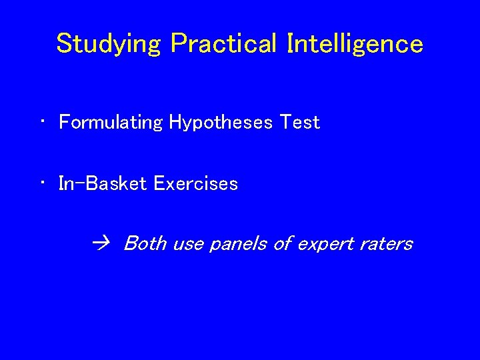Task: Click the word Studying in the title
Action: click(x=109, y=44)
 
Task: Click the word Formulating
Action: click(x=111, y=123)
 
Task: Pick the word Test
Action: click(x=300, y=123)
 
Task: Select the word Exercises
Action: click(x=195, y=183)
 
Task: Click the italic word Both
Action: click(x=145, y=243)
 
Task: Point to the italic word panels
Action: click(x=237, y=244)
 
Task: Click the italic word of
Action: click(x=283, y=243)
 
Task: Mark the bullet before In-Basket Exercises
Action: click(x=41, y=183)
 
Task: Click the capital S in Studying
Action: click(x=64, y=43)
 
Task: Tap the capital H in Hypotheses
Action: click(x=176, y=123)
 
